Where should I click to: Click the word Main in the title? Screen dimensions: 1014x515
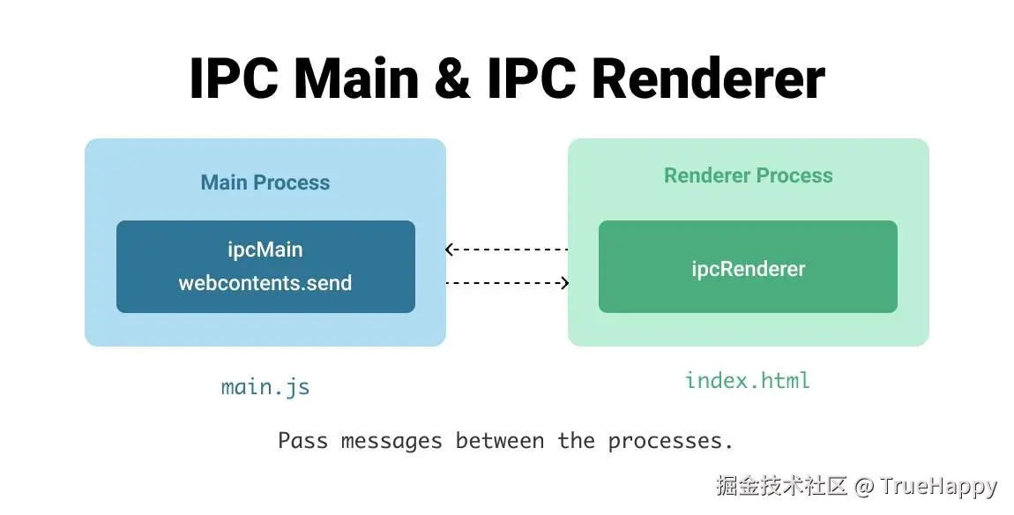356,78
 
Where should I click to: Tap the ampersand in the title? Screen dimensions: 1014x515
452,79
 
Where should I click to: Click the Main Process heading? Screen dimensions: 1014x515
265,183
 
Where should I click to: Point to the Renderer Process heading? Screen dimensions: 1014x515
749,175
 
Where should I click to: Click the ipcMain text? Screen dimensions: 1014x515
265,250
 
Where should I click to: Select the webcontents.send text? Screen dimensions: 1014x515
265,283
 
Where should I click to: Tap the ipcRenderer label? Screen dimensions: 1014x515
749,269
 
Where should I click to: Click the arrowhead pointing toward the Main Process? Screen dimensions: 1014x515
450,249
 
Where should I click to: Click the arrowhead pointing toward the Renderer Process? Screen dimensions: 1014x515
564,283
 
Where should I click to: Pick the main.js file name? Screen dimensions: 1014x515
265,387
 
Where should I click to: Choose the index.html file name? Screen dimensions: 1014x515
748,380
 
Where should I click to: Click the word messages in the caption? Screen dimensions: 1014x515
391,441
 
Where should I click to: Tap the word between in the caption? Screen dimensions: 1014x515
500,441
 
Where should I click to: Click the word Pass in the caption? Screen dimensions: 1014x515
302,441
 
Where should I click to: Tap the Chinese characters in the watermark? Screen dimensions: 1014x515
782,486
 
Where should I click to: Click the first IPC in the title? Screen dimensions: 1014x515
234,78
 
